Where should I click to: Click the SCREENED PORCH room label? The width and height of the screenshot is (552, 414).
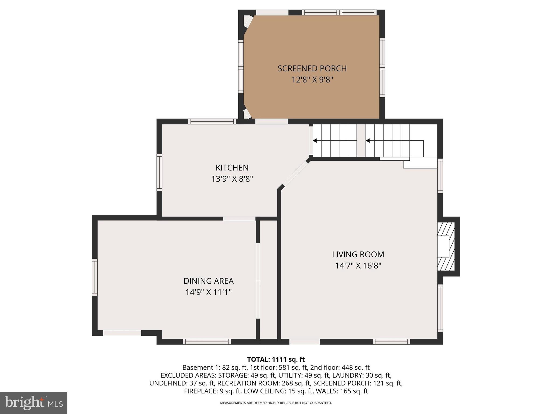tap(312, 68)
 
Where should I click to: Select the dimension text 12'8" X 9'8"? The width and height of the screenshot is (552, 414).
tap(312, 80)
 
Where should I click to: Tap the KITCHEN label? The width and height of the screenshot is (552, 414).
tap(232, 168)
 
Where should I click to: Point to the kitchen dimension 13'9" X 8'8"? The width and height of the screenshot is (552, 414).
tap(232, 179)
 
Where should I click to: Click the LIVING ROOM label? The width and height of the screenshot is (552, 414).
tap(358, 254)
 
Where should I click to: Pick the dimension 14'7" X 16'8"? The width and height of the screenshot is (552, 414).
tap(358, 266)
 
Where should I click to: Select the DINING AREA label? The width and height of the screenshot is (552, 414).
tap(208, 281)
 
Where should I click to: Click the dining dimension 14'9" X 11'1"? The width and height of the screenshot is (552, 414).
tap(208, 292)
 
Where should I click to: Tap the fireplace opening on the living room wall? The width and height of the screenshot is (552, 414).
tap(443, 246)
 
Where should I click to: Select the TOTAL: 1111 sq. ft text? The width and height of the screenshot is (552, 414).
tap(276, 359)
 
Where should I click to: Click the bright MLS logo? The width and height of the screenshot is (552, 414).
tap(34, 403)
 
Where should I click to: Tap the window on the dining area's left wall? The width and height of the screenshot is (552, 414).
tap(95, 277)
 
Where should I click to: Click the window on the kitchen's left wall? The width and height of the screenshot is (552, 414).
tap(159, 172)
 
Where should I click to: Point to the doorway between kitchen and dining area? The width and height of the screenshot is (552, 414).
tap(239, 219)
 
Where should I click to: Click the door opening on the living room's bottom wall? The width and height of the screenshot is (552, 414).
tap(304, 342)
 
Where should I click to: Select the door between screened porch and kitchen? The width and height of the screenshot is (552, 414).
tap(271, 122)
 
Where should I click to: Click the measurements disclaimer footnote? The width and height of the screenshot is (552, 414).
tap(276, 403)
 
